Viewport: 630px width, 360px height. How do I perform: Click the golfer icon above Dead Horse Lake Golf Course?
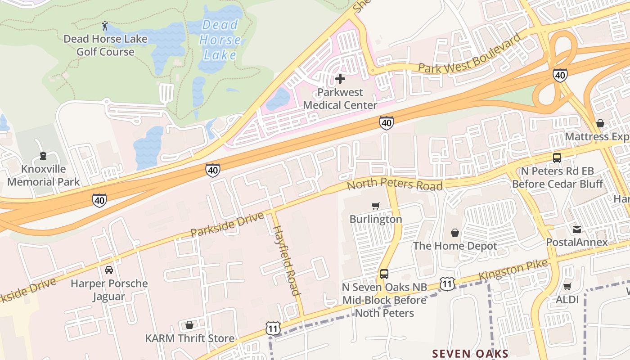pyautogui.click(x=105, y=26)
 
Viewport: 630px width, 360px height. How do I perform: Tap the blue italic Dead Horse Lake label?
pyautogui.click(x=220, y=40)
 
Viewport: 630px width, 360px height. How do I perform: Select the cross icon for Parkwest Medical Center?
pyautogui.click(x=340, y=79)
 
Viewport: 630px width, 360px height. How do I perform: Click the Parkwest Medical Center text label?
pyautogui.click(x=340, y=99)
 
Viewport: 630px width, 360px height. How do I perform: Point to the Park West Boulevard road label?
pyautogui.click(x=469, y=54)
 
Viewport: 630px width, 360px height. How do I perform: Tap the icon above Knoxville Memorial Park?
pyautogui.click(x=43, y=156)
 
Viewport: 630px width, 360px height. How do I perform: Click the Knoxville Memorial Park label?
pyautogui.click(x=43, y=175)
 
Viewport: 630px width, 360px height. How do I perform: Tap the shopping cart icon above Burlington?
pyautogui.click(x=376, y=206)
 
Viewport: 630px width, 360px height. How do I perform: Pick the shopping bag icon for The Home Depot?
pyautogui.click(x=455, y=233)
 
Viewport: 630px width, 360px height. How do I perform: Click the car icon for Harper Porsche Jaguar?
pyautogui.click(x=108, y=270)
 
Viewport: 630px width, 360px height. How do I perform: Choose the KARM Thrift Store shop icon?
pyautogui.click(x=189, y=325)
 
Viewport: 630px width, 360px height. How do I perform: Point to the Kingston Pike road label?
pyautogui.click(x=513, y=269)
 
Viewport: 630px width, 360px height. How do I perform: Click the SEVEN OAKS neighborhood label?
pyautogui.click(x=470, y=353)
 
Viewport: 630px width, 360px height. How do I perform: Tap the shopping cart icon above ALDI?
pyautogui.click(x=567, y=286)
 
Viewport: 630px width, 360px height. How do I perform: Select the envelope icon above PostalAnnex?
pyautogui.click(x=577, y=229)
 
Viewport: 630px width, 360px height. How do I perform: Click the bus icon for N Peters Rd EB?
pyautogui.click(x=557, y=158)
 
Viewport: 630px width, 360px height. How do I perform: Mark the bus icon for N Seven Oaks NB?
pyautogui.click(x=384, y=274)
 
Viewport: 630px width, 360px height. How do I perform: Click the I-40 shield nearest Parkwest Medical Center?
pyautogui.click(x=387, y=123)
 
